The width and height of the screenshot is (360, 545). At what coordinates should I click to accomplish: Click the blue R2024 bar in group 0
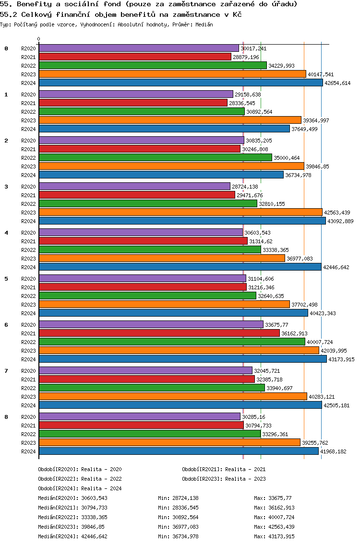point(180,83)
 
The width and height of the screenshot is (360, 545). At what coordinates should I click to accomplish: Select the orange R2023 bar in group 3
point(180,212)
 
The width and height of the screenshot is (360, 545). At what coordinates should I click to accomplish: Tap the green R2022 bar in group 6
point(171,342)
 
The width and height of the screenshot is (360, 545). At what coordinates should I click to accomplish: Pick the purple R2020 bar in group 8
point(139,416)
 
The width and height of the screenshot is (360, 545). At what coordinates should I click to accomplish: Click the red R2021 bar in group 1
point(133,103)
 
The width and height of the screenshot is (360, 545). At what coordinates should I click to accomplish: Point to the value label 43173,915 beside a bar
point(342,359)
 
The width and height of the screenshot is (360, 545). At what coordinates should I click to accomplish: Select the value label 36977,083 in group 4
point(300,259)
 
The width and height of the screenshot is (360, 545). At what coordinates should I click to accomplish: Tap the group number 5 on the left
point(6,279)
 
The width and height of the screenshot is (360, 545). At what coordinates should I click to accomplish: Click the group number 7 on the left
point(6,371)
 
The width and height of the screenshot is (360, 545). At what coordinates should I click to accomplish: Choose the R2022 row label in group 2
point(29,158)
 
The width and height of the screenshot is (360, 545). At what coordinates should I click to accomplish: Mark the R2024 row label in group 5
point(29,313)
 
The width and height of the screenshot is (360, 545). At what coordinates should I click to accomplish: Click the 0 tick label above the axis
point(39,39)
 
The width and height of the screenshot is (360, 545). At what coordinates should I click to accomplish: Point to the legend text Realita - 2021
point(245,469)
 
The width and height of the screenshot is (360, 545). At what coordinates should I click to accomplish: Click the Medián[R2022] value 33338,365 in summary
point(95,517)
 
